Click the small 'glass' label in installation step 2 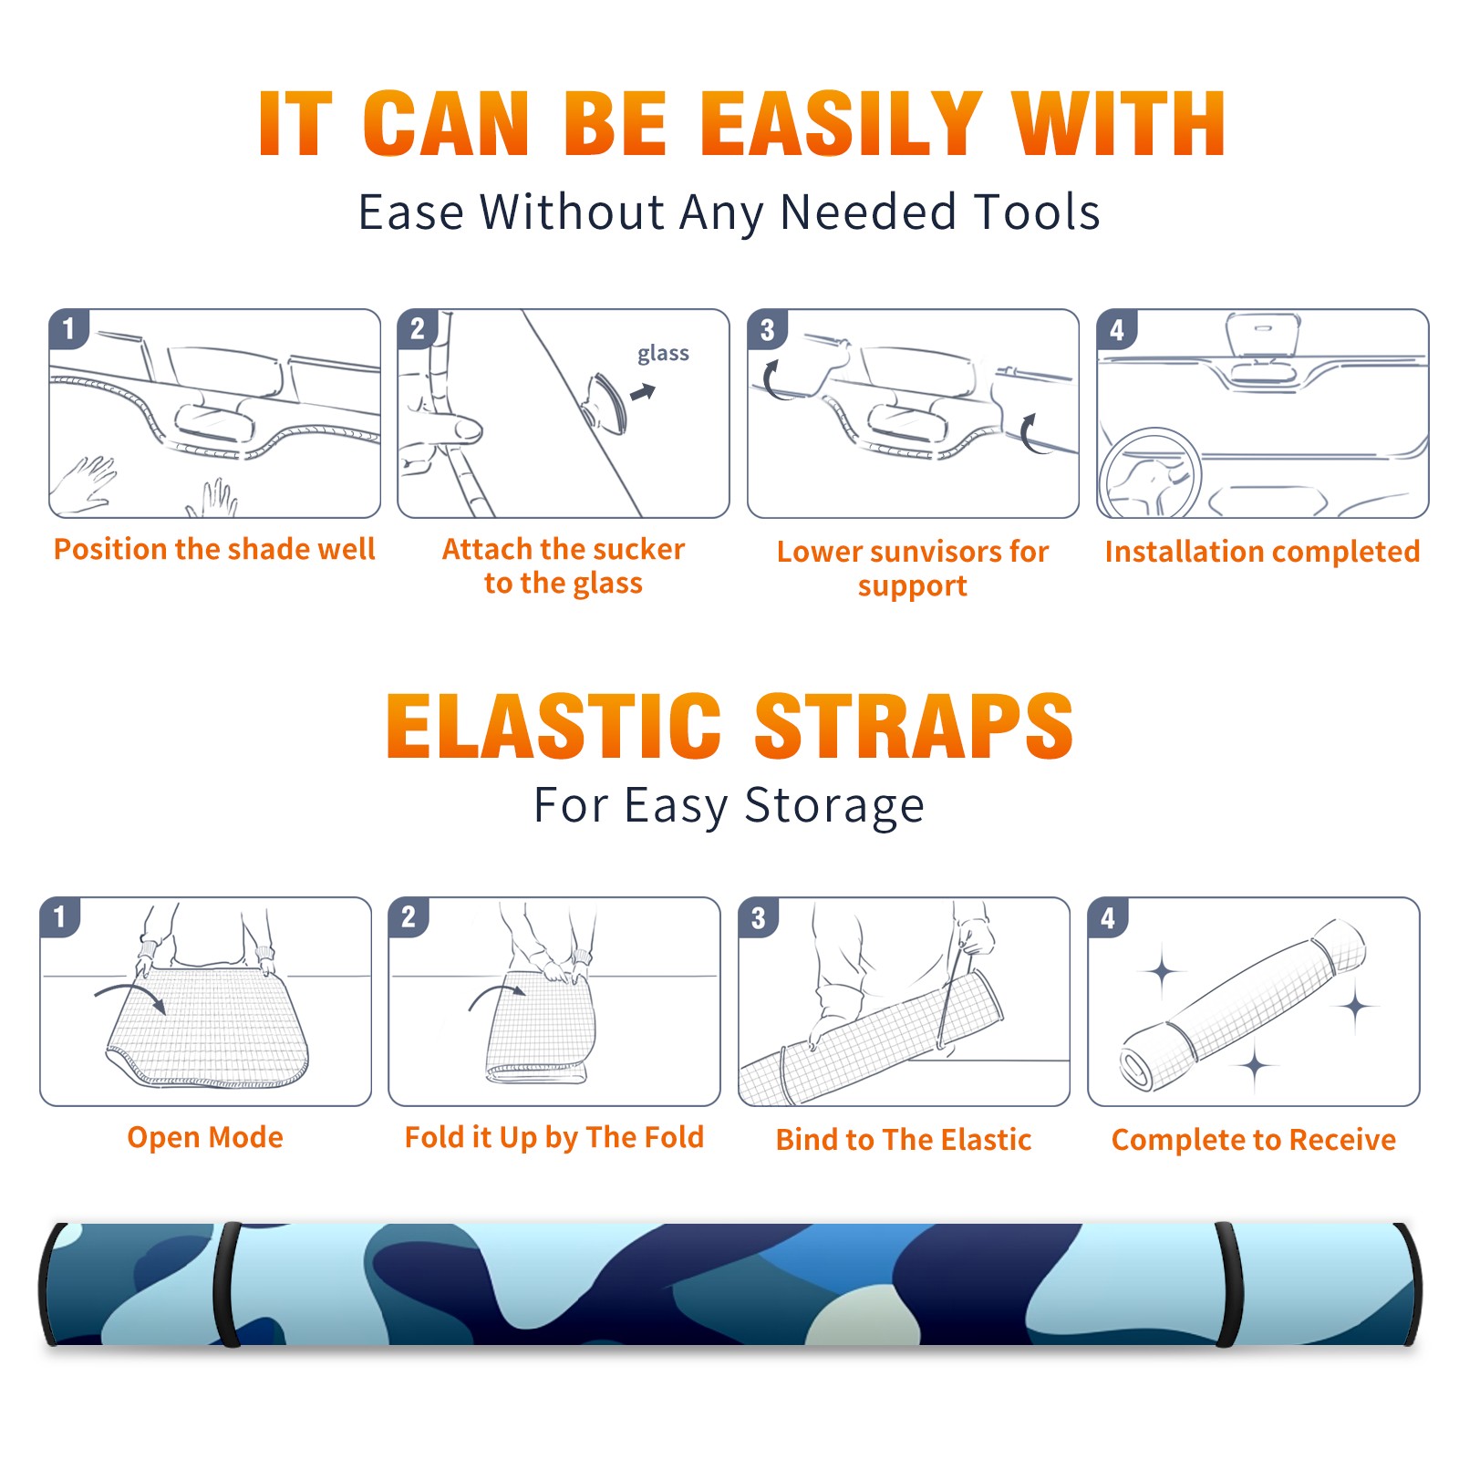coord(663,354)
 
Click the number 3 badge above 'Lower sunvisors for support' coord(767,329)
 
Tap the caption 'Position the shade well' coord(214,549)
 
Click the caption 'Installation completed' coord(1262,551)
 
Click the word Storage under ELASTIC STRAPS coord(834,806)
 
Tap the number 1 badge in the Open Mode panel coord(60,916)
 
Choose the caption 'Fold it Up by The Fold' coord(554,1137)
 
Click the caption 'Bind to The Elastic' coord(904,1139)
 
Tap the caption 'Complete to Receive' coord(1254,1139)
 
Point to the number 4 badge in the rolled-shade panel coord(1108,916)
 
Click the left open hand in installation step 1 coord(84,483)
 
